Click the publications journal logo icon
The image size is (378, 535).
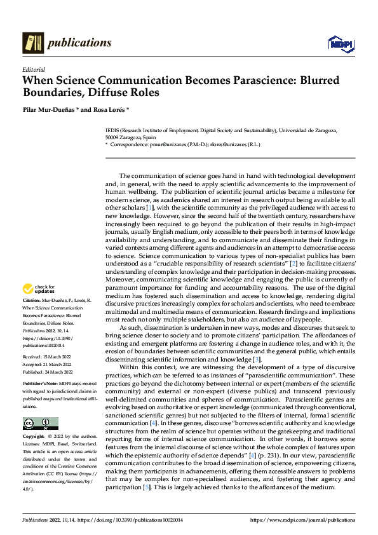(x=32, y=43)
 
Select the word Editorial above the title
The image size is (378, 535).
(x=33, y=69)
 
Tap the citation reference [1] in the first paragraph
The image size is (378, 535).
(x=149, y=208)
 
